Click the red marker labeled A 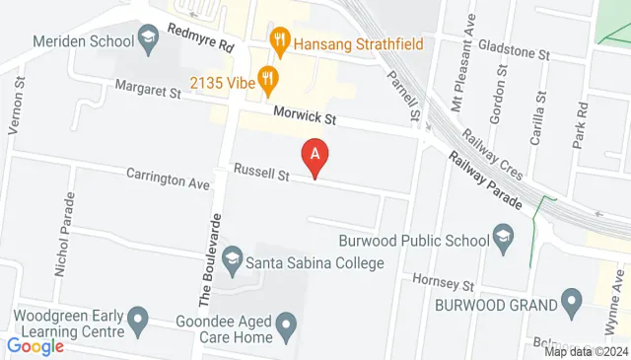click(315, 154)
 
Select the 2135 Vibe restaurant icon click(265, 77)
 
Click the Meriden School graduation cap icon click(148, 41)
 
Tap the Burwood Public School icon click(503, 239)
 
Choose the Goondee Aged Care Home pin click(286, 324)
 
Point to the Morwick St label click(306, 117)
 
